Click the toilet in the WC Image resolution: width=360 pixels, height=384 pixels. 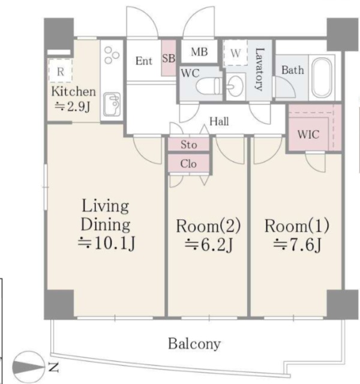[x=208, y=86]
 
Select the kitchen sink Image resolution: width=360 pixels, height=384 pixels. [x=112, y=104]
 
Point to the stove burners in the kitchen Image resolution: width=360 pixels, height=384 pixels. [x=112, y=55]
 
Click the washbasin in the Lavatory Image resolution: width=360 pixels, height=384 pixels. [x=235, y=86]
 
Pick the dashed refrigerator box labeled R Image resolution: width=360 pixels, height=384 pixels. [x=60, y=71]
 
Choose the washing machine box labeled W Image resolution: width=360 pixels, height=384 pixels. [x=235, y=53]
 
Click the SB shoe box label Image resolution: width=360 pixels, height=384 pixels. [x=169, y=59]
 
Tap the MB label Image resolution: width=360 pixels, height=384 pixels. [x=199, y=52]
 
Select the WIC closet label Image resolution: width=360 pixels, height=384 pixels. [x=308, y=134]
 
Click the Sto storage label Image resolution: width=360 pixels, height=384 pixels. [x=189, y=145]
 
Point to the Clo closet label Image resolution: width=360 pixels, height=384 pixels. [x=188, y=164]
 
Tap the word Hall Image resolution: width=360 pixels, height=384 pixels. [x=219, y=121]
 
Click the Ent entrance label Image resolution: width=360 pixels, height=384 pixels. [x=144, y=61]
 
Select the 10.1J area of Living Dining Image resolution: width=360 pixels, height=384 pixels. [x=106, y=244]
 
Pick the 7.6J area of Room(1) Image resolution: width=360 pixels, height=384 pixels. [x=297, y=245]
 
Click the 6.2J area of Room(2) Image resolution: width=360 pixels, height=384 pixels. [x=208, y=245]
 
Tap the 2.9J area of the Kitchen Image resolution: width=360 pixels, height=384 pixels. [x=73, y=107]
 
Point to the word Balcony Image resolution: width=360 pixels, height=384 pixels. [x=194, y=344]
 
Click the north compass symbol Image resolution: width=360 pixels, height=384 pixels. [x=29, y=365]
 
